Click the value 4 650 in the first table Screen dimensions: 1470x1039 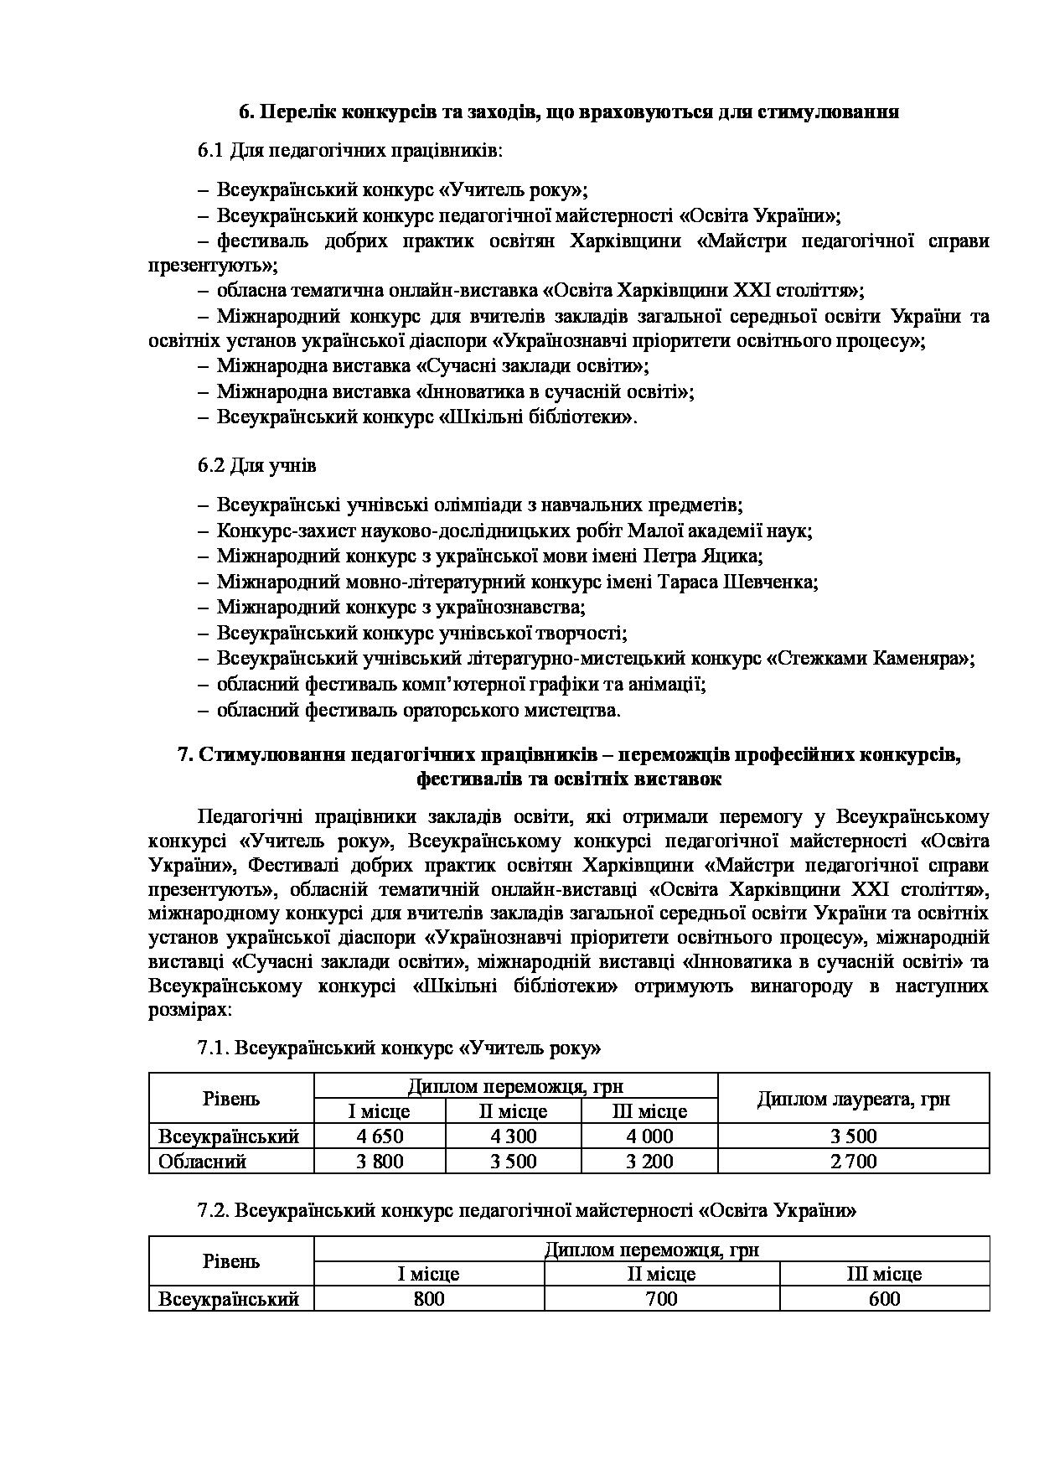379,1136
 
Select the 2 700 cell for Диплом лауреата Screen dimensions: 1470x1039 853,1162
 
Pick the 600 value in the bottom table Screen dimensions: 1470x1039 884,1299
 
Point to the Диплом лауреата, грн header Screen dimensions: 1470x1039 853,1099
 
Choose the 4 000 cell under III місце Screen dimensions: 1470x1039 649,1136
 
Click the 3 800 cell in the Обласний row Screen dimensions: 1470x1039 379,1162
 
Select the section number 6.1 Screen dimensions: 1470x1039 210,151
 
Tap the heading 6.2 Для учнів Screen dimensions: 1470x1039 256,465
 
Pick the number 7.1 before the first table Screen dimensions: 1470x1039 214,1048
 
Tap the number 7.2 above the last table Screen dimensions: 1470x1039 214,1210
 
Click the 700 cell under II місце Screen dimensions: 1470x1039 661,1299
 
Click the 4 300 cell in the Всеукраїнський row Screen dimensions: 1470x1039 512,1136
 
